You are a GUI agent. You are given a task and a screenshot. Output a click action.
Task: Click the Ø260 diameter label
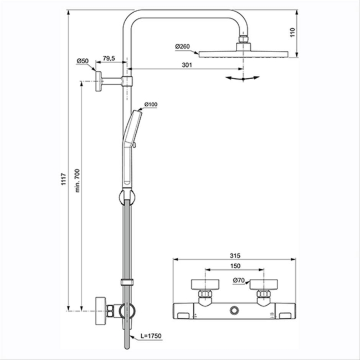pyautogui.click(x=184, y=47)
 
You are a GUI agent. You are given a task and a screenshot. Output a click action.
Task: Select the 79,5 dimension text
pyautogui.click(x=109, y=58)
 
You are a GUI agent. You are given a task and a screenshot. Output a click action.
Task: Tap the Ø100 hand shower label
pyautogui.click(x=151, y=104)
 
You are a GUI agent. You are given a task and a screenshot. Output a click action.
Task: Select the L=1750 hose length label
pyautogui.click(x=151, y=336)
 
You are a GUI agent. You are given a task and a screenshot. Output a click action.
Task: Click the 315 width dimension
pyautogui.click(x=236, y=255)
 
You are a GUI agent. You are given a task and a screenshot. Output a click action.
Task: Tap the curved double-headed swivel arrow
pyautogui.click(x=242, y=79)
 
